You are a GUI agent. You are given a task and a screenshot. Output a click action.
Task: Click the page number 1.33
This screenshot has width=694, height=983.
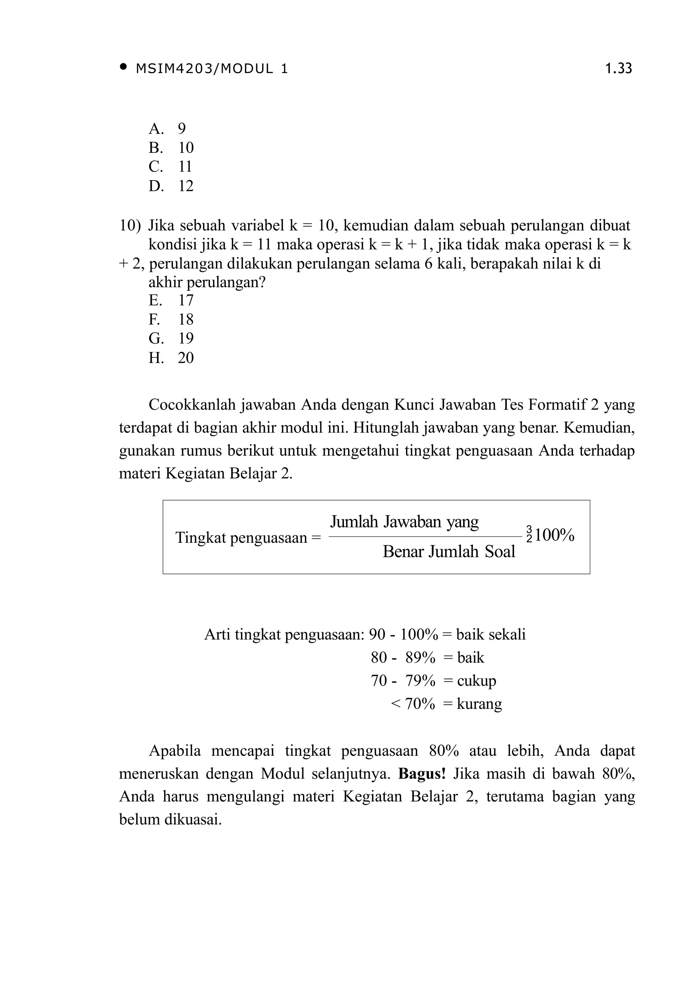click(x=618, y=68)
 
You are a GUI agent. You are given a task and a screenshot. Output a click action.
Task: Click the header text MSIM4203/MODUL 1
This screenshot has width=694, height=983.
click(x=212, y=68)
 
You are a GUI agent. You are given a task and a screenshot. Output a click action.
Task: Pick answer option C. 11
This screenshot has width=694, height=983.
click(x=170, y=167)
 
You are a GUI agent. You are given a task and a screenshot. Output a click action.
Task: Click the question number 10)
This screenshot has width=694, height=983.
click(x=130, y=225)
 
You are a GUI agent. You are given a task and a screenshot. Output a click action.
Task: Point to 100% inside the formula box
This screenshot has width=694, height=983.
click(x=554, y=535)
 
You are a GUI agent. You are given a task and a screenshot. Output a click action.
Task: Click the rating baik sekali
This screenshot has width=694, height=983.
click(x=491, y=635)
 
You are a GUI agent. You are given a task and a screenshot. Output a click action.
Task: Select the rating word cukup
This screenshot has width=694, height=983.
click(x=476, y=681)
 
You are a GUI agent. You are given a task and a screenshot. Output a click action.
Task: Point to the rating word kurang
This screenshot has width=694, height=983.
click(x=479, y=704)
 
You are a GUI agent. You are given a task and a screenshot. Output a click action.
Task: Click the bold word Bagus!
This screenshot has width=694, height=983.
click(x=422, y=774)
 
